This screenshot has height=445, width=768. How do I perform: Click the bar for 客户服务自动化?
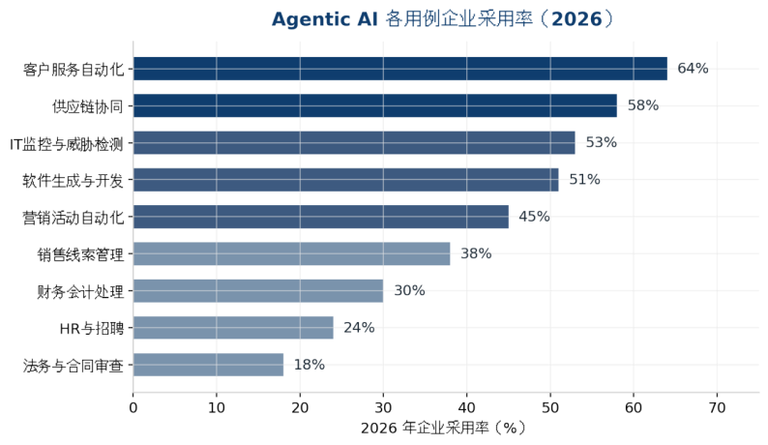coord(400,69)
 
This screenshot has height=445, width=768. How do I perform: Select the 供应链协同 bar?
coord(375,105)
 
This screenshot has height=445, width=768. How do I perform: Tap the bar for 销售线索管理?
coord(291,253)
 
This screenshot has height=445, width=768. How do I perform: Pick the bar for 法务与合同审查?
coord(208,365)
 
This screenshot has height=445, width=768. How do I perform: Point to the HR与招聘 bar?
coord(233,327)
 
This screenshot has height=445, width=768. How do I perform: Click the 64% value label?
coord(693,69)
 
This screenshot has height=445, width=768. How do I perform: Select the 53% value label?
coord(601,142)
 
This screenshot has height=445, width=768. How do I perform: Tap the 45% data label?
coord(534,217)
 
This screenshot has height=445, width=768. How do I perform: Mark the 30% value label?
coord(409,290)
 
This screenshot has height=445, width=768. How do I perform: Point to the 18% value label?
coord(310,365)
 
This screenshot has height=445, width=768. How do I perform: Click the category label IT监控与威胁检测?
coord(67,144)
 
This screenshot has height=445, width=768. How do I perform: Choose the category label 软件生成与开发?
coord(73,181)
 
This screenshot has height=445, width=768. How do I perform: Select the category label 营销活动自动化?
coord(73,218)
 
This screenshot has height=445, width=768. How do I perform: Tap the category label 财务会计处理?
coord(80,292)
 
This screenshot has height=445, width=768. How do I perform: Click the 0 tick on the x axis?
coord(133,407)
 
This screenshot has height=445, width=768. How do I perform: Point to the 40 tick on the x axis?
coord(467,407)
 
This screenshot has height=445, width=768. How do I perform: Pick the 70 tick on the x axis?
coord(717,407)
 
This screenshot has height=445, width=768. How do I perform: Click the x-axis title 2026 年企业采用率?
coord(426,428)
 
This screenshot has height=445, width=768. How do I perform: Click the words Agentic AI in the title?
coord(325,19)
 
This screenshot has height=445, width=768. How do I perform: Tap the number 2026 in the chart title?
coord(576,19)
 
